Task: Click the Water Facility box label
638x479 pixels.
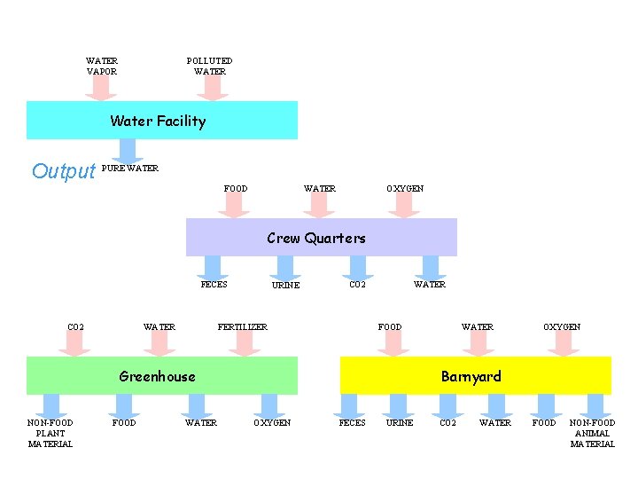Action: (158, 122)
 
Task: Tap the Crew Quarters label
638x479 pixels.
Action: (316, 238)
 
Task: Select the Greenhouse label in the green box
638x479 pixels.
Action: (157, 376)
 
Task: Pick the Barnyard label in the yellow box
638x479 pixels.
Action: (471, 376)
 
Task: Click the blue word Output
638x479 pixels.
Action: (63, 171)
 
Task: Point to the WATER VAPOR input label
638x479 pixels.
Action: (102, 67)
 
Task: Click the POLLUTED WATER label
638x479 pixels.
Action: (209, 67)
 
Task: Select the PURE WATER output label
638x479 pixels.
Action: (130, 169)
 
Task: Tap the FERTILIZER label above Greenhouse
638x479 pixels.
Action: (243, 327)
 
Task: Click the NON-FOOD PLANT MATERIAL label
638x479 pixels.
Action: (51, 433)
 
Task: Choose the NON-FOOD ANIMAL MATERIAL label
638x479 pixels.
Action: (592, 433)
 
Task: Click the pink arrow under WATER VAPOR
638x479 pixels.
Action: (102, 88)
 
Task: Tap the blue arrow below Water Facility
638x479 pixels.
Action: (128, 151)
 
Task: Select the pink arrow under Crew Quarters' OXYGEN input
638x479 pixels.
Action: (404, 206)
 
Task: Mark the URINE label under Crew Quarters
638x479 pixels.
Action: (285, 286)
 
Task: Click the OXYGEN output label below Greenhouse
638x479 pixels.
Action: (272, 423)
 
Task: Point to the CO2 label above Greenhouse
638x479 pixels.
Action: (76, 327)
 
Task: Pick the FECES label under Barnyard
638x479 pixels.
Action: (352, 423)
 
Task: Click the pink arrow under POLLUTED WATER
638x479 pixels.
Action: (211, 88)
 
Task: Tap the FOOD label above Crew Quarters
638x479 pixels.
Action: (236, 189)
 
